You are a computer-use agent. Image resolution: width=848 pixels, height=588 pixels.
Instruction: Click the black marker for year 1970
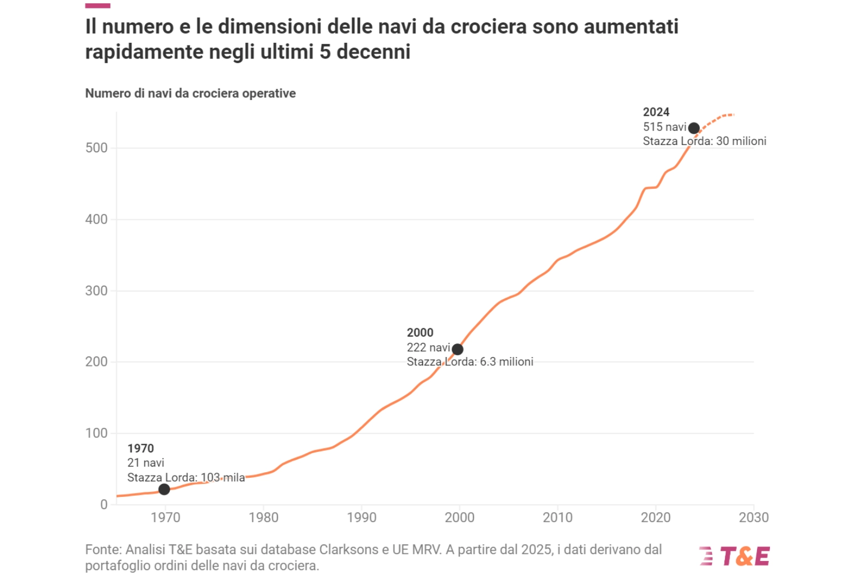[164, 490]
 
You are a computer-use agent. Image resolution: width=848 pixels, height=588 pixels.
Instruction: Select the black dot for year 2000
[458, 350]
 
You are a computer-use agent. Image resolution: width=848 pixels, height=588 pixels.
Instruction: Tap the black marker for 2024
[694, 128]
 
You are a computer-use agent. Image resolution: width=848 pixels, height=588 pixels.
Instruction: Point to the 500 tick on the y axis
[96, 148]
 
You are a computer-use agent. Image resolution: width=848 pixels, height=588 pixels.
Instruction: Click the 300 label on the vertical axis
[96, 291]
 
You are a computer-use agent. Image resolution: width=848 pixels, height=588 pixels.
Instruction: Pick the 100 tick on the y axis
[96, 433]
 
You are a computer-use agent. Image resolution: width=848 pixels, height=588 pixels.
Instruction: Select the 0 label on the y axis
[104, 504]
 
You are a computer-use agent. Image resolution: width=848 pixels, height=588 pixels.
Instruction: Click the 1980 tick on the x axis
[263, 518]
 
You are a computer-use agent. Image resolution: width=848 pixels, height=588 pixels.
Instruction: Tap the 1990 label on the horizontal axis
[362, 518]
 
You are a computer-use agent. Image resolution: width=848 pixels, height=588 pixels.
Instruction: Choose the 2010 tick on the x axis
[558, 518]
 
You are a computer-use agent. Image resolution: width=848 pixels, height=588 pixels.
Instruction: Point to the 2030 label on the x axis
[754, 518]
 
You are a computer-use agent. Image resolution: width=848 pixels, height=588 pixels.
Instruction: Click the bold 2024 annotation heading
[656, 112]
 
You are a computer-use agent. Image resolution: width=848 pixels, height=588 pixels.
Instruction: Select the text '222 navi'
[428, 347]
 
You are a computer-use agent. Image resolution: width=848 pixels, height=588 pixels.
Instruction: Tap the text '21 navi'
[145, 463]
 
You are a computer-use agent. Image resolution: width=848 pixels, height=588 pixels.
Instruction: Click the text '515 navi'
[664, 127]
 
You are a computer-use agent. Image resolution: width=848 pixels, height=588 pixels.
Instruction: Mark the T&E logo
[735, 557]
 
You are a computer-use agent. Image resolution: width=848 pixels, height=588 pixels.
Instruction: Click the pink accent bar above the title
[98, 6]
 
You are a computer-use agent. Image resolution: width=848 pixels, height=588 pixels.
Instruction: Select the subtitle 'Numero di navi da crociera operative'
[190, 93]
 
